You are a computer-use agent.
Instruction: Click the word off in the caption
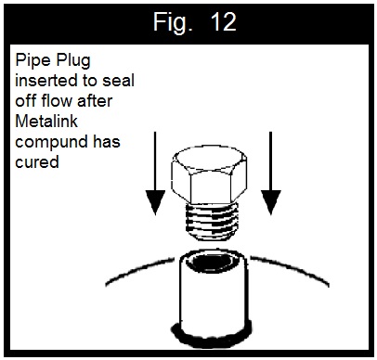[x=29, y=101]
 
